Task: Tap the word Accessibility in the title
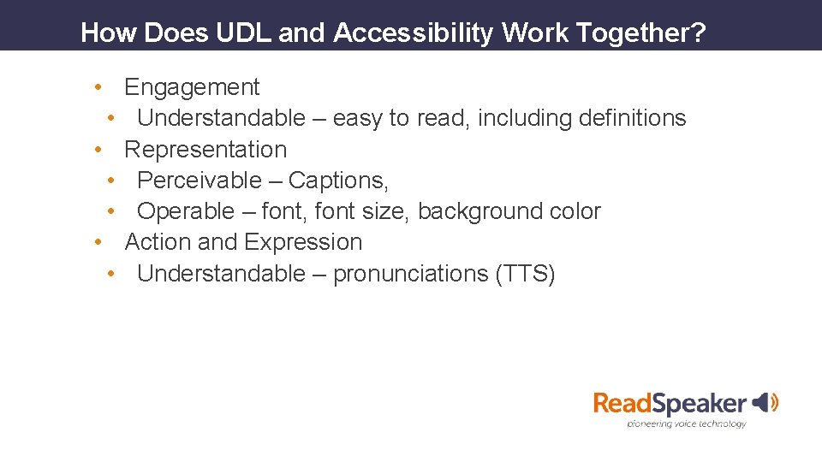coord(414,33)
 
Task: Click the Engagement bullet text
coord(192,87)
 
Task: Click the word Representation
coord(205,150)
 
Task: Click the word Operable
coord(185,211)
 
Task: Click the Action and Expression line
coord(243,242)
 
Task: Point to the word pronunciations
coord(411,274)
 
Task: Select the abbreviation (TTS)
coord(526,274)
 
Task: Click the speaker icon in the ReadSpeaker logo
coord(764,402)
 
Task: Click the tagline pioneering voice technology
coord(687,423)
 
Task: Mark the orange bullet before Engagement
coord(99,87)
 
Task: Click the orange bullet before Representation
coord(99,150)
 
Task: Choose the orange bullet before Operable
coord(112,211)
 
